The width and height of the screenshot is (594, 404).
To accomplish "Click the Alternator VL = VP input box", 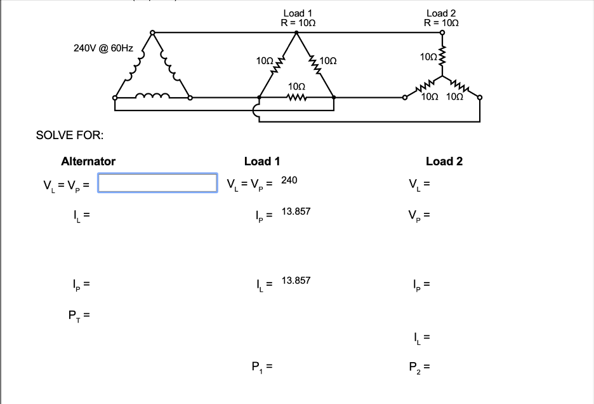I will pos(157,183).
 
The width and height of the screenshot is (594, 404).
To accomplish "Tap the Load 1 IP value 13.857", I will pos(296,211).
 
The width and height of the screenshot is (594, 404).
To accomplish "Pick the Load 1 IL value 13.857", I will pos(296,280).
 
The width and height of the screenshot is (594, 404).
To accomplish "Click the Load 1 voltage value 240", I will pos(289,180).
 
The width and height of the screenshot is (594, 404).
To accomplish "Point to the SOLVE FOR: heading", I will pos(70,135).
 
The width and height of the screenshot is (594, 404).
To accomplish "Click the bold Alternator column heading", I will pos(88,161).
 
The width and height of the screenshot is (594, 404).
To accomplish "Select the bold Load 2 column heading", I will pos(444,161).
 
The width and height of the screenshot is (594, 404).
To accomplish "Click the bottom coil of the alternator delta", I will pos(152,97).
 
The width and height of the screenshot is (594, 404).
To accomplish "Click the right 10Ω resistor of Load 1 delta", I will pos(314,65).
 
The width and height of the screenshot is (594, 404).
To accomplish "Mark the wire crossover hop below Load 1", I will pos(256,112).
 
